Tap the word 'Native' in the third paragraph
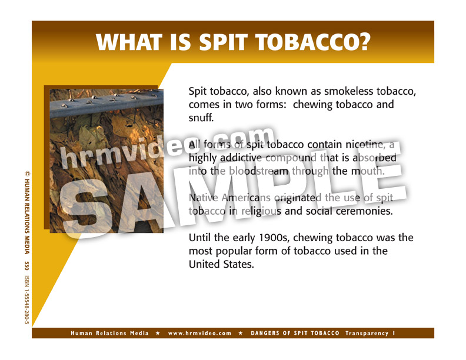204,198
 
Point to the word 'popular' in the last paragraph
232,251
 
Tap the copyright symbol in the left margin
26,174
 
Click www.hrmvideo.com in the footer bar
200,334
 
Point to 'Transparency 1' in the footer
371,334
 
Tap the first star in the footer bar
158,334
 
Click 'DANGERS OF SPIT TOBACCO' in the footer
295,334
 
